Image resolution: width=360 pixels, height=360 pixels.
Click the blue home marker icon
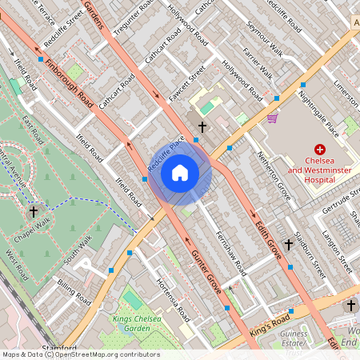[180, 173]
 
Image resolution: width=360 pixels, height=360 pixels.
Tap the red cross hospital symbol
[321, 150]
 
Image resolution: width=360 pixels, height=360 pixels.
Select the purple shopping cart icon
[273, 118]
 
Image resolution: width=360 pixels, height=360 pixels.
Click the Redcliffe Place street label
[166, 153]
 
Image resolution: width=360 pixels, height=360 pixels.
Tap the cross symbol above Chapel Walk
[34, 212]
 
